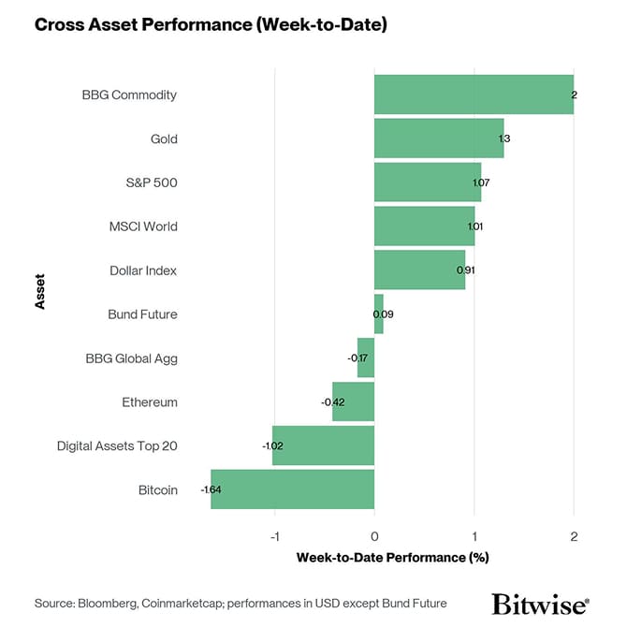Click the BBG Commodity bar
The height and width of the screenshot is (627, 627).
click(473, 95)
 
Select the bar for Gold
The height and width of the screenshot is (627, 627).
click(438, 139)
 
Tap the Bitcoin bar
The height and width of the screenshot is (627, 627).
click(292, 489)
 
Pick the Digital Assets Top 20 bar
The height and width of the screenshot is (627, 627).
click(323, 445)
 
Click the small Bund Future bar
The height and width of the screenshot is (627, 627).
click(378, 313)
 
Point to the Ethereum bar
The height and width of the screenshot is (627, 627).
click(353, 401)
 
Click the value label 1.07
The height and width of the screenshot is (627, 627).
click(481, 182)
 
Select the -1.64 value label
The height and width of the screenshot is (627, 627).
click(211, 489)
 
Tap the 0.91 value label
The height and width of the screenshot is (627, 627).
click(465, 270)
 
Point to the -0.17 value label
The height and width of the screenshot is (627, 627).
click(357, 357)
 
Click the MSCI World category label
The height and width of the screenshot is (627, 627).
click(142, 226)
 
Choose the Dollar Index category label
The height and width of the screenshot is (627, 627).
click(142, 270)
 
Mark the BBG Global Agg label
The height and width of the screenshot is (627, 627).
click(131, 357)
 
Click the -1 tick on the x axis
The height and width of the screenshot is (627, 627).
click(274, 536)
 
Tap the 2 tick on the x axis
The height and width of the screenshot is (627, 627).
click(574, 536)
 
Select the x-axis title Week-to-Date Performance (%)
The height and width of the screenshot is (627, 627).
click(393, 558)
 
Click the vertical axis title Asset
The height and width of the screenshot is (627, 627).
click(40, 292)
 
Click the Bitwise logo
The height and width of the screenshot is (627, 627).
click(540, 604)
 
